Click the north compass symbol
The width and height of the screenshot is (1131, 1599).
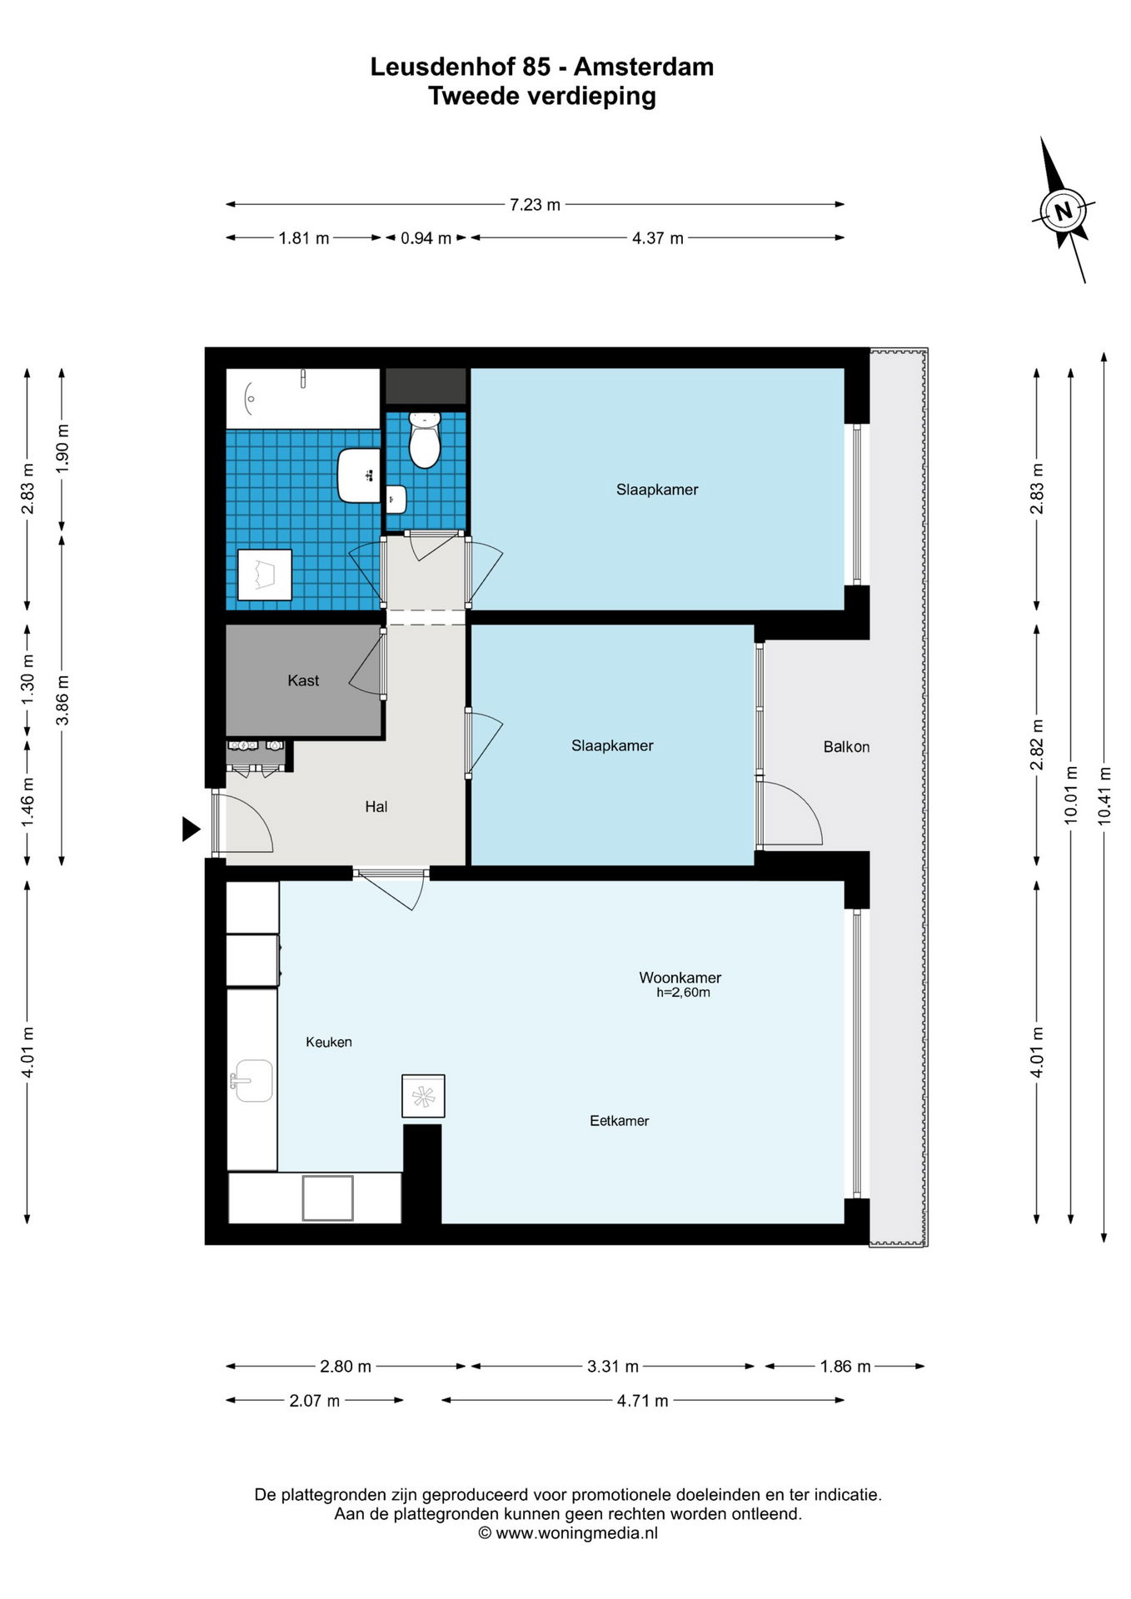[x=1064, y=210]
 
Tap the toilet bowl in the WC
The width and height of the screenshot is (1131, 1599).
[x=425, y=441]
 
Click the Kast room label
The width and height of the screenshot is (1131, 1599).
[x=303, y=680]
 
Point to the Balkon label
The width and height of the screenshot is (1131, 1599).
[x=846, y=747]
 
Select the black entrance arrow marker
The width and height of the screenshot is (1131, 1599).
[x=192, y=829]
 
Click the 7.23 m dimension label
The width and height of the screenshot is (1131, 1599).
[x=535, y=205]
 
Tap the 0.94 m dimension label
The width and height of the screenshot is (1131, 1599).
[x=426, y=238]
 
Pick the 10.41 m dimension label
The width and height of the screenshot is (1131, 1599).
[x=1104, y=795]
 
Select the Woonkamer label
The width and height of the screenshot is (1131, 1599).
[x=680, y=978]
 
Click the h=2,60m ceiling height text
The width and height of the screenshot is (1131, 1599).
[x=683, y=993]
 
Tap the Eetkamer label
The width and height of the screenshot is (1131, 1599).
[x=620, y=1121]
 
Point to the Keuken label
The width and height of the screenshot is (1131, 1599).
[x=329, y=1042]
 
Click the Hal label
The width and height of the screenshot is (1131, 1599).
[x=376, y=806]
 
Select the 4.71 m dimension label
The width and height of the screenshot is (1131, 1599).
[x=642, y=1401]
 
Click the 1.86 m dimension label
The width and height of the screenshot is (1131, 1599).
[x=845, y=1367]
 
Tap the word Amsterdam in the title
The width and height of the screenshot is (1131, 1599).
[x=644, y=67]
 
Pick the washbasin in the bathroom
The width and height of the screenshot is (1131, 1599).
[x=359, y=475]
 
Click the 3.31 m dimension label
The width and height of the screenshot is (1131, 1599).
[x=613, y=1367]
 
